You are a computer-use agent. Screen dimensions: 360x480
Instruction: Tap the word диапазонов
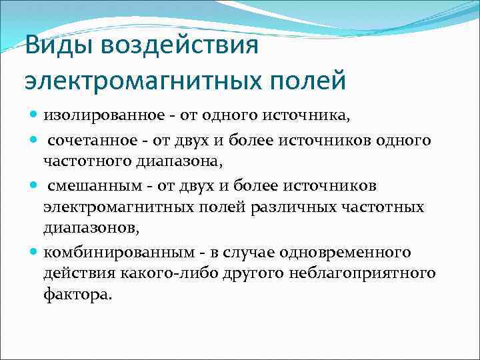tap(89, 229)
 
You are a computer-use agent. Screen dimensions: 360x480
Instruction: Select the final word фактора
tap(75, 295)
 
